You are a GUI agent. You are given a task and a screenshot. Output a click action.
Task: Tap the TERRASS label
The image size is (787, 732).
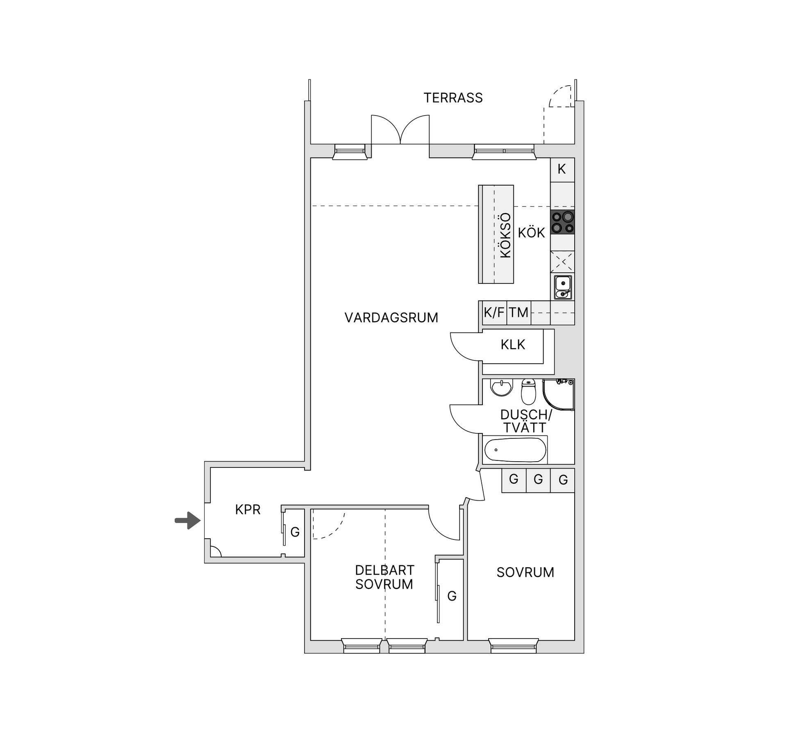pos(453,98)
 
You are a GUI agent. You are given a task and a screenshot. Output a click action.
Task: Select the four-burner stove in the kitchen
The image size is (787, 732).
pos(562,222)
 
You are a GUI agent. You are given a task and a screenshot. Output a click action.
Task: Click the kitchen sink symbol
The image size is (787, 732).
pos(562,287)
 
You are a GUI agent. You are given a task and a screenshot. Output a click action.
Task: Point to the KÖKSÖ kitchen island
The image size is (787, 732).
pos(496,234)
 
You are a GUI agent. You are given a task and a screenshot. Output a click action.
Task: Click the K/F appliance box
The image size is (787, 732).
pos(494,313)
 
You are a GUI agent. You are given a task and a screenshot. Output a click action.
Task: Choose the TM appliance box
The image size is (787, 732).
pos(519,313)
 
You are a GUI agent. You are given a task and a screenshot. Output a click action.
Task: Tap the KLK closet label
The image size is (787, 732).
pos(512,344)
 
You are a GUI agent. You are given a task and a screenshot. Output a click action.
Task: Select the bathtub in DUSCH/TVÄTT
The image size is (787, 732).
pos(515,450)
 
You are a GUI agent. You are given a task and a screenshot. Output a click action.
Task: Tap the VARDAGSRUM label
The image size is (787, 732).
pos(391,317)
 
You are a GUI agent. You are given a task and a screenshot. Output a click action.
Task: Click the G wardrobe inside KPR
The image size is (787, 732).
pos(295,532)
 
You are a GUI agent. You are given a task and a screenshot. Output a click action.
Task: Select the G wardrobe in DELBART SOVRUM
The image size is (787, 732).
pos(452,596)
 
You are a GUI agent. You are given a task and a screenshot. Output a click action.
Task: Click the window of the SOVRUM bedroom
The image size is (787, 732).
pos(514,646)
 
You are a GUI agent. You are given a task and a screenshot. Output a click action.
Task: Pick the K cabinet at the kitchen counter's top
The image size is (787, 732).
pos(562,169)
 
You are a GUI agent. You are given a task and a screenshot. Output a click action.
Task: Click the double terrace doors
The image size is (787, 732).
pos(400,130)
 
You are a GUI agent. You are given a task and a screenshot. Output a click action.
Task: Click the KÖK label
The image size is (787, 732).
pos(531,233)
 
